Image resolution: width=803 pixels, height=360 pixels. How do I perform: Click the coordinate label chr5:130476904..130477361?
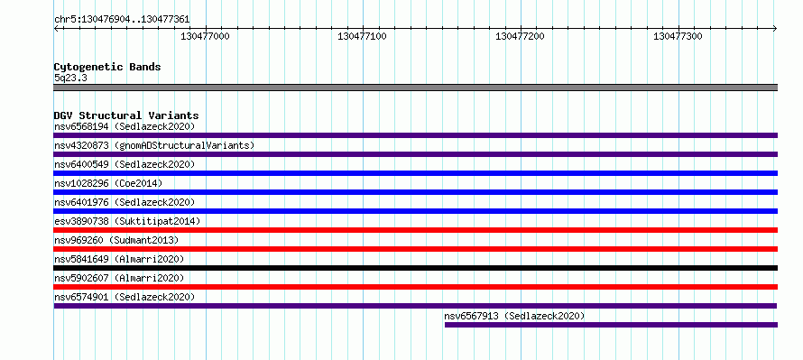[122, 20]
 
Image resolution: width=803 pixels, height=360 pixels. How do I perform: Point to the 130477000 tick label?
[206, 36]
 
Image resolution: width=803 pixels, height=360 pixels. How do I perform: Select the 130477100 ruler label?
[363, 36]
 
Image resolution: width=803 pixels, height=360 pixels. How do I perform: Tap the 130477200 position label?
[521, 36]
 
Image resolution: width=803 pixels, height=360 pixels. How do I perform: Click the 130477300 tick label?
[678, 36]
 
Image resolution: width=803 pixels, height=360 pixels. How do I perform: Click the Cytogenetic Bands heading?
[107, 67]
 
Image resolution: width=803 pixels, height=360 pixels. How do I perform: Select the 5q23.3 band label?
[70, 78]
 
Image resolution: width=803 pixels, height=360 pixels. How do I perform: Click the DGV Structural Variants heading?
[126, 115]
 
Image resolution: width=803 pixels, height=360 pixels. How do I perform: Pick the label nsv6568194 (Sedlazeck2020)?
[125, 126]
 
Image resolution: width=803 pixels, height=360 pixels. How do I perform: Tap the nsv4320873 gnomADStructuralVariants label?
[154, 145]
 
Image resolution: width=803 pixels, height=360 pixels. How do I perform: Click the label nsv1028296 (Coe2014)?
[108, 183]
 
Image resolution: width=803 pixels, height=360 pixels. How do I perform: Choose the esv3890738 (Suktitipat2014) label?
[127, 221]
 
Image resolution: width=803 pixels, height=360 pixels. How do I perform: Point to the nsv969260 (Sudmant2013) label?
[116, 240]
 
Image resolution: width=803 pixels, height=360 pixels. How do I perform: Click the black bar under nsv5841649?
[415, 268]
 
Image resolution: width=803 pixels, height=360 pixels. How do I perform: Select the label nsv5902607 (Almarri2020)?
[119, 278]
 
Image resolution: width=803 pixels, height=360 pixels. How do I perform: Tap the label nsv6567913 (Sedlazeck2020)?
[514, 316]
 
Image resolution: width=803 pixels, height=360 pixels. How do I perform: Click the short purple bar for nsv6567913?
[611, 325]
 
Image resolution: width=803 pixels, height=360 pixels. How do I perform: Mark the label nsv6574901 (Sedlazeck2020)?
[125, 297]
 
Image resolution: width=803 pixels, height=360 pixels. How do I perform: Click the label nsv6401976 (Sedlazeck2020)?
[125, 202]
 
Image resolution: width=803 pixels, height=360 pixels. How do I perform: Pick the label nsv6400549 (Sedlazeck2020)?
[125, 164]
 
